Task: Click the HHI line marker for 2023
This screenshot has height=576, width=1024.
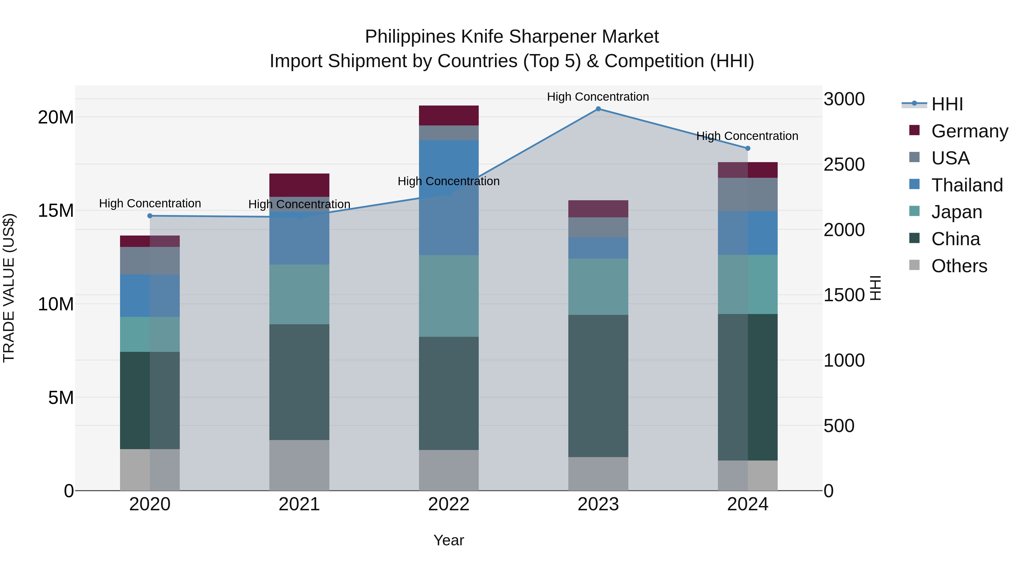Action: tap(598, 109)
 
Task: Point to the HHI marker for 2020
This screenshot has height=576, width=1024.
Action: tap(150, 216)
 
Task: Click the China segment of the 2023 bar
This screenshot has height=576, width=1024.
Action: tap(598, 386)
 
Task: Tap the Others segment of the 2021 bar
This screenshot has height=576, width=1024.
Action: tap(299, 465)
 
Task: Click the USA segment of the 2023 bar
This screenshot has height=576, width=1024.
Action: tap(598, 227)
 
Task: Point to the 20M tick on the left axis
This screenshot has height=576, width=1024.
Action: tap(56, 117)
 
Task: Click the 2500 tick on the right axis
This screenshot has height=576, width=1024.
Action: tap(844, 165)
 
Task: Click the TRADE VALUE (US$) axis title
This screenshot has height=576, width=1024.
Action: tap(9, 288)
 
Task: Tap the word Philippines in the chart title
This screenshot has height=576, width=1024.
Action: tap(410, 37)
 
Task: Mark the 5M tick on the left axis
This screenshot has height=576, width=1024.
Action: tap(61, 398)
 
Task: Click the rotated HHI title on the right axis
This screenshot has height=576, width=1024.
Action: tap(876, 288)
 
